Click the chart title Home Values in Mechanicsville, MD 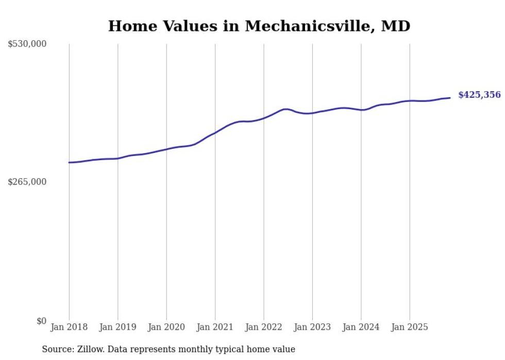pyautogui.click(x=259, y=26)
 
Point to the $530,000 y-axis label pyautogui.click(x=27, y=44)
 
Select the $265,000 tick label pyautogui.click(x=27, y=182)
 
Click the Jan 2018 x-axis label pyautogui.click(x=69, y=327)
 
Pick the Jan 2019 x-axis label pyautogui.click(x=117, y=327)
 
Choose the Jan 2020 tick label pyautogui.click(x=166, y=327)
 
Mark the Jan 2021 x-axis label pyautogui.click(x=215, y=327)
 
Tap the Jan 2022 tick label pyautogui.click(x=264, y=327)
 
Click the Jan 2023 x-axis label pyautogui.click(x=312, y=327)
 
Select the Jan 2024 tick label pyautogui.click(x=361, y=327)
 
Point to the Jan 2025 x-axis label pyautogui.click(x=410, y=327)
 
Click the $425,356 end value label pyautogui.click(x=479, y=95)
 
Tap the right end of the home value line pyautogui.click(x=450, y=98)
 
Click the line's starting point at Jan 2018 pyautogui.click(x=69, y=162)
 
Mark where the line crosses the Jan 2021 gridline pyautogui.click(x=215, y=132)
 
